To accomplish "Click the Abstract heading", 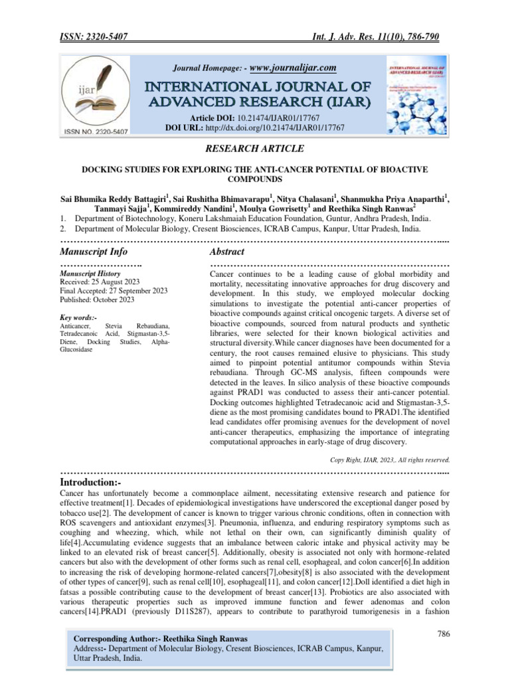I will [x=226, y=252].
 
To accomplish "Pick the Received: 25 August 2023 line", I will [x=100, y=282].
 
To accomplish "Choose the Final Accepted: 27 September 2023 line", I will [x=114, y=291].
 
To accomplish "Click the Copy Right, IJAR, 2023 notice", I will [x=390, y=459].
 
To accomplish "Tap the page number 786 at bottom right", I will [x=444, y=634].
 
